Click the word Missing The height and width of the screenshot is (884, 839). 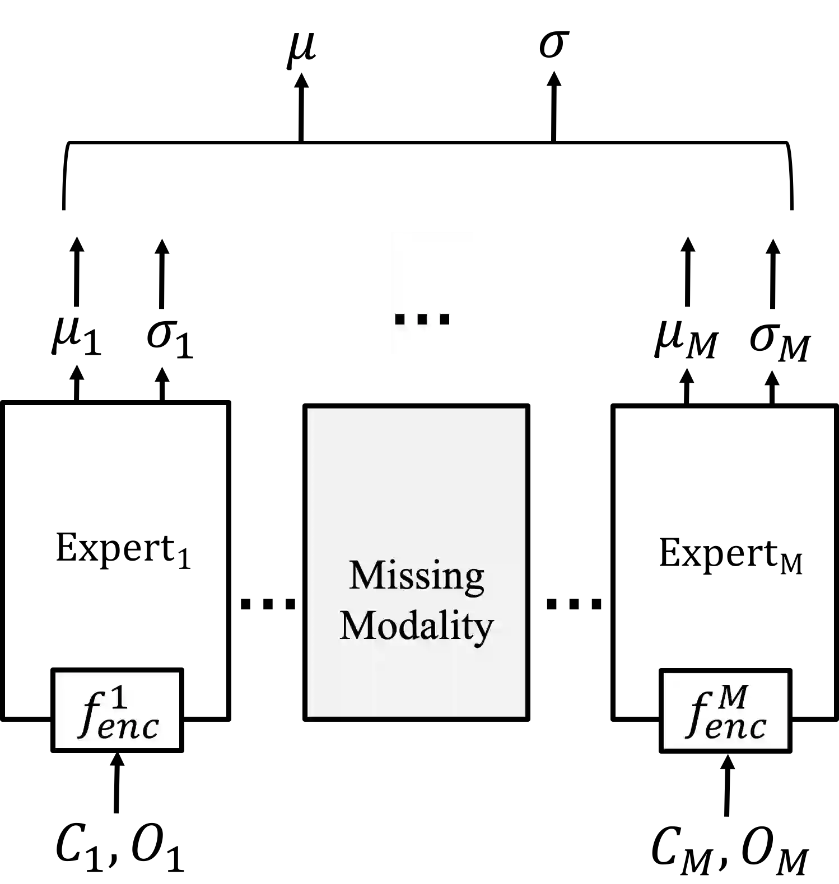pos(417,575)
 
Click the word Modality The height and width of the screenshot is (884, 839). pos(417,626)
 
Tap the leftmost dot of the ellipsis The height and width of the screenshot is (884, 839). pos(400,319)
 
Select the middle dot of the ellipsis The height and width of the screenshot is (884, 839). pos(422,319)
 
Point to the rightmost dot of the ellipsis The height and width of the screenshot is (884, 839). pos(445,319)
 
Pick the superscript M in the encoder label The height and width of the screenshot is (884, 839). pos(734,697)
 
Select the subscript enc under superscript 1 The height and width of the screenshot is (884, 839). pos(128,728)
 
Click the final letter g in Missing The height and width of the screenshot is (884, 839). pos(474,580)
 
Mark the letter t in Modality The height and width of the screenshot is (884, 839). pos(468,627)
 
